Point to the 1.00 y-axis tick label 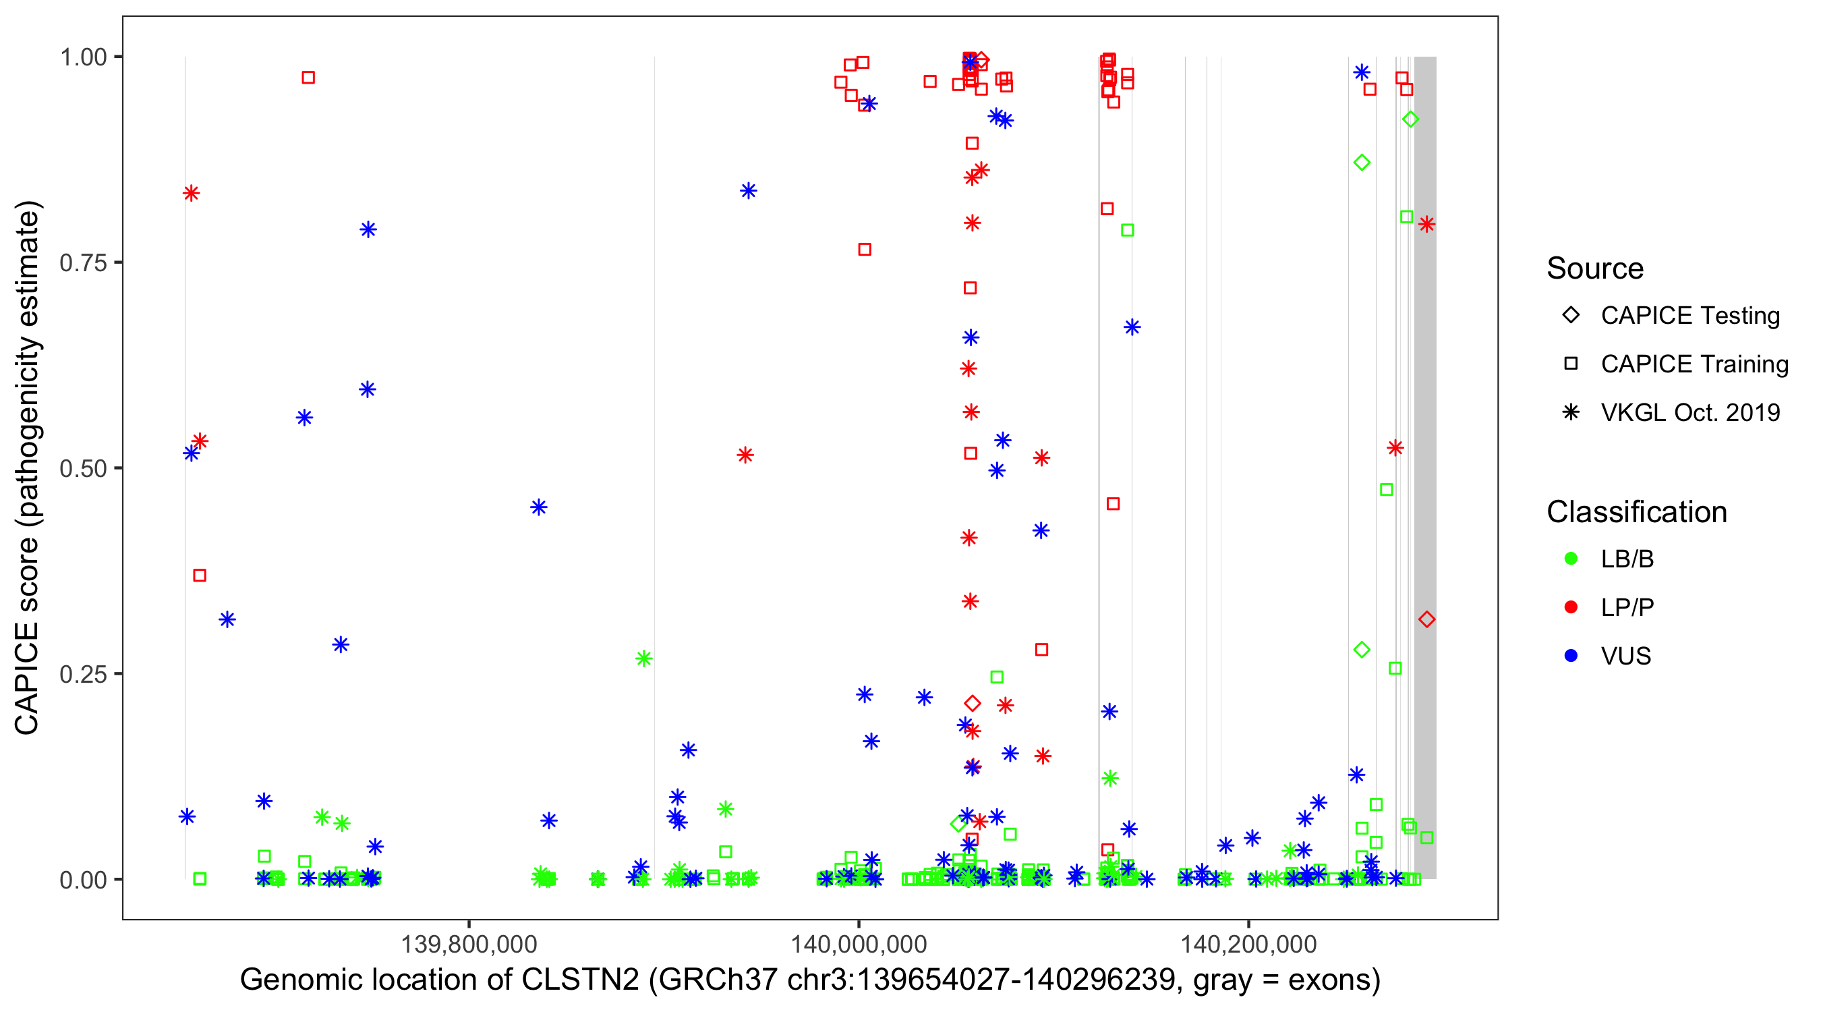click(x=83, y=57)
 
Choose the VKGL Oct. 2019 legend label click(x=1689, y=413)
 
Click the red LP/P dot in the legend click(x=1571, y=607)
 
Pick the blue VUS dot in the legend click(x=1571, y=656)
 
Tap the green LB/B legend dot click(x=1571, y=559)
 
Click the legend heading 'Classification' click(x=1636, y=512)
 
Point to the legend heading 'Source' click(x=1595, y=269)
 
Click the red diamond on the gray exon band click(x=1426, y=619)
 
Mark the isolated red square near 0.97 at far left click(x=308, y=78)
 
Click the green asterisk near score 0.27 click(x=643, y=659)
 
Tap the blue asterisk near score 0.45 click(x=539, y=507)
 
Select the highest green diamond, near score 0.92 click(x=1410, y=119)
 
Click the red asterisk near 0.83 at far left click(x=191, y=193)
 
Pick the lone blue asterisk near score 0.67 click(x=1132, y=327)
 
